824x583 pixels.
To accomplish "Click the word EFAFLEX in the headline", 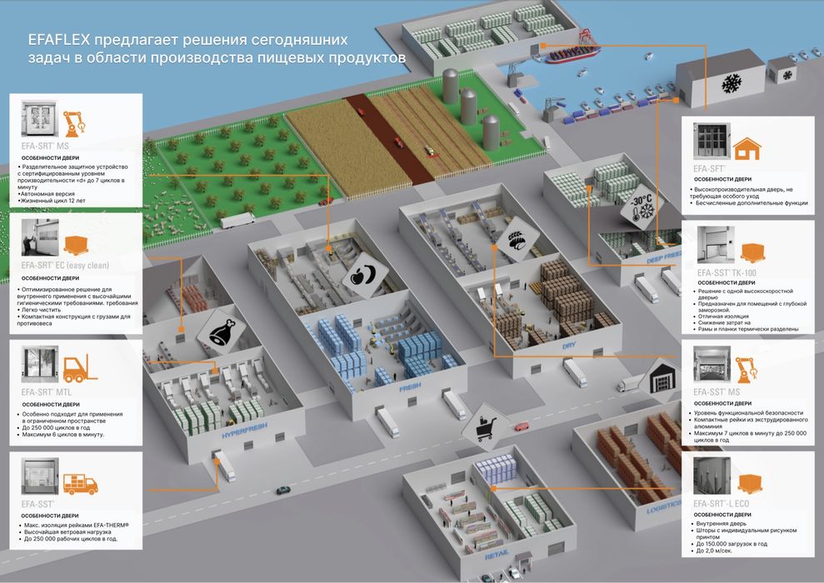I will click(x=57, y=42).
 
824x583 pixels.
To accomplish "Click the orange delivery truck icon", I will click(x=79, y=481).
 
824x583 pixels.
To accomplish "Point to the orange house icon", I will click(x=747, y=147).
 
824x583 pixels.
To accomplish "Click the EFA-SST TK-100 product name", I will click(x=727, y=272).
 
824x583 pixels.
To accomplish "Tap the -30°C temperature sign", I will click(x=640, y=204).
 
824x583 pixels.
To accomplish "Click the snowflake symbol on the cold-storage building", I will click(x=732, y=84).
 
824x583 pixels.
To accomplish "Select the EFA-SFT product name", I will click(x=710, y=167).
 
